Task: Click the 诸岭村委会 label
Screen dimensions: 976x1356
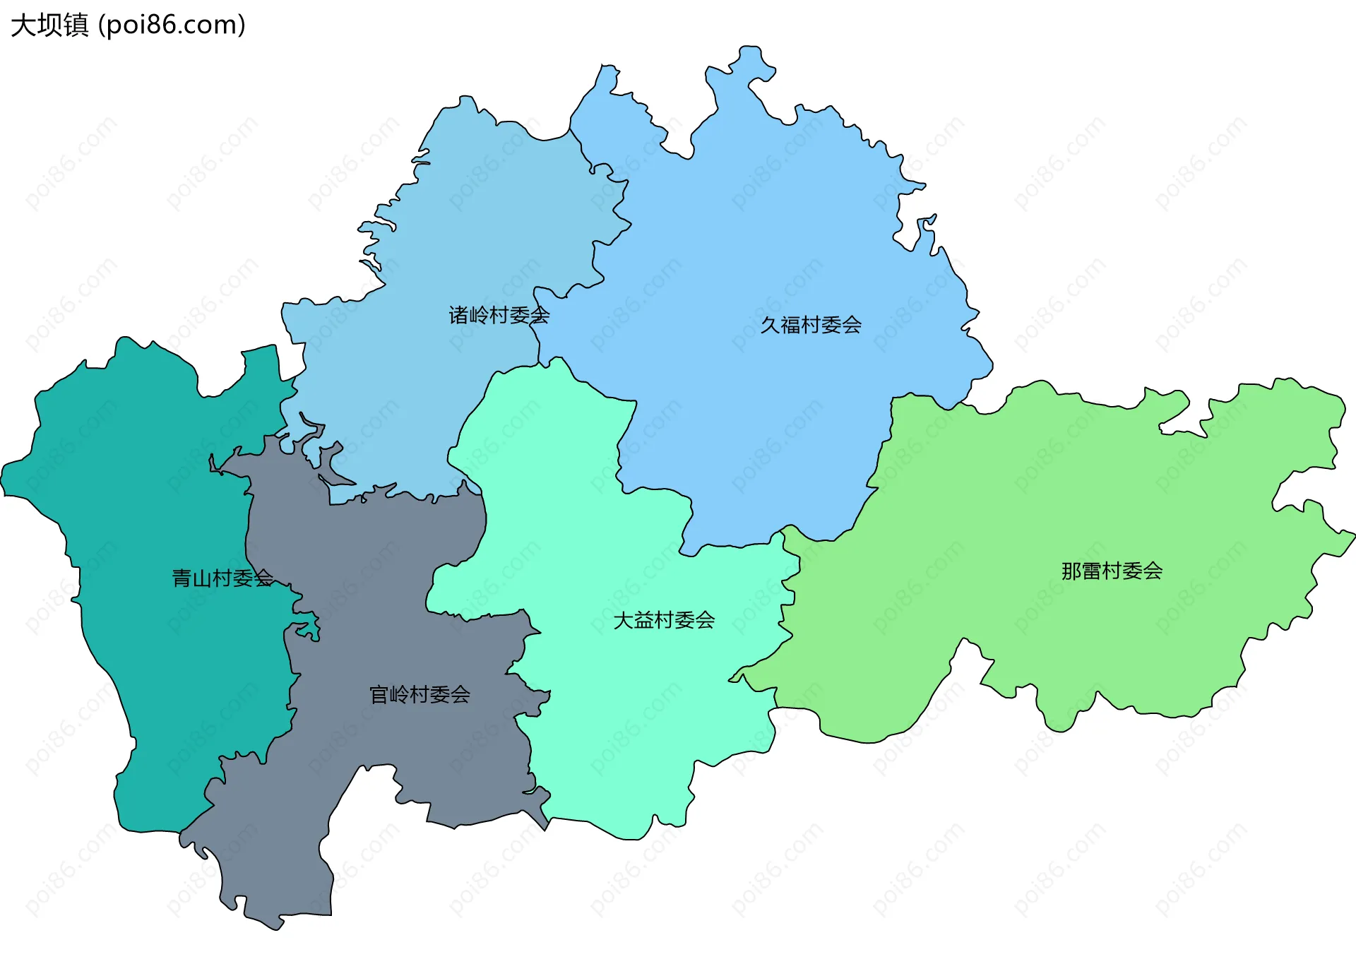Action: pos(499,315)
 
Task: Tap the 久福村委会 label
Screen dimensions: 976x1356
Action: pos(811,325)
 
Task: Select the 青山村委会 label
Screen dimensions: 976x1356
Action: pos(222,578)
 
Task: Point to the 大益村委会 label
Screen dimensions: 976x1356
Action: pos(664,621)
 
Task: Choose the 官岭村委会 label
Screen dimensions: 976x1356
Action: pos(420,695)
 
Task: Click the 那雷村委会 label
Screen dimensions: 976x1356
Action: pos(1112,571)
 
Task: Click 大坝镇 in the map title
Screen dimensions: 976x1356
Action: pos(49,25)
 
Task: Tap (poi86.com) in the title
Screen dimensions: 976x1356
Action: pos(172,25)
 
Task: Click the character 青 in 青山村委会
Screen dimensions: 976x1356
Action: pos(182,578)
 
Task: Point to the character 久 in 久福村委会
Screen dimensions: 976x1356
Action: pos(770,325)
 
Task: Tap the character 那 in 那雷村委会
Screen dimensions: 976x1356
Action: pos(1071,571)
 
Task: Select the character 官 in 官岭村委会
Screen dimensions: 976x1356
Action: pos(379,695)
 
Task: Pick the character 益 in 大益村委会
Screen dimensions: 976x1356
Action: pos(643,621)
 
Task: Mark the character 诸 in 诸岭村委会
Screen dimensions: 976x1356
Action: pos(459,315)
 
